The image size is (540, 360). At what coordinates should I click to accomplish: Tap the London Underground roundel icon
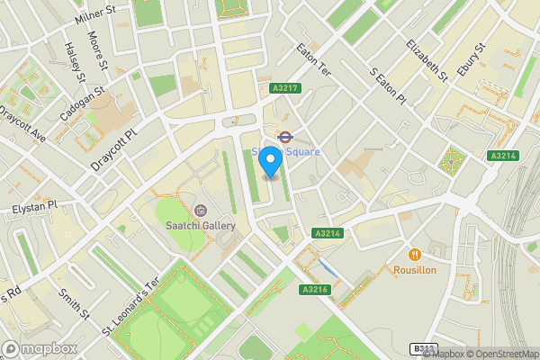(x=283, y=137)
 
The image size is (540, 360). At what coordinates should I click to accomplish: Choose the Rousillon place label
(x=415, y=269)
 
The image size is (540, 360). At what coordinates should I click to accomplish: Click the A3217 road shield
(x=284, y=88)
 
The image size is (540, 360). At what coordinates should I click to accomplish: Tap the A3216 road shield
(x=313, y=289)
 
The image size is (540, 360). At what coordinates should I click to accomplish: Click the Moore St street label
(x=96, y=53)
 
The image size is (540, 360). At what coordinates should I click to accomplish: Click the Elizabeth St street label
(x=427, y=61)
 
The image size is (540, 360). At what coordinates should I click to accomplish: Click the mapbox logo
(x=39, y=348)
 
